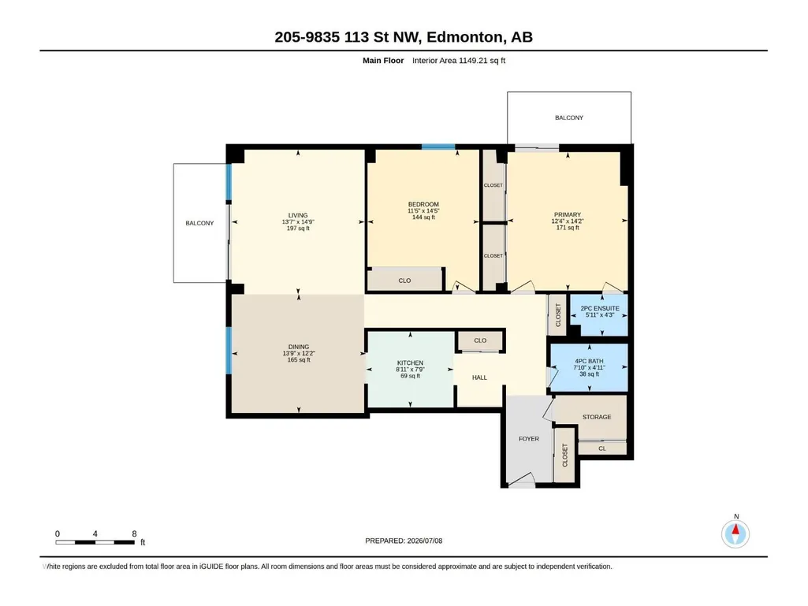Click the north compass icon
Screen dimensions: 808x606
tap(735, 534)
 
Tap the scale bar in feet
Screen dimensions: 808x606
tap(95, 542)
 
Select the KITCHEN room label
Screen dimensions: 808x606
tap(410, 362)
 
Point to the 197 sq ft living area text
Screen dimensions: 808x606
tap(298, 229)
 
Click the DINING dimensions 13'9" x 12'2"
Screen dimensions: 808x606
tap(299, 354)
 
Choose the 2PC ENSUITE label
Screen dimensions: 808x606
tap(600, 308)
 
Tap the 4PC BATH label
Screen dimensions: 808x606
tap(589, 361)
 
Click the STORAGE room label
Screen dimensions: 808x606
tap(597, 417)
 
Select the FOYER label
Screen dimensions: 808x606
tap(529, 439)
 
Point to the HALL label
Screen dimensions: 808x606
tap(480, 377)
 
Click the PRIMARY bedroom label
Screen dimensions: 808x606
tap(568, 214)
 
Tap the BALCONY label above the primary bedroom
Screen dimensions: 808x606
tap(569, 117)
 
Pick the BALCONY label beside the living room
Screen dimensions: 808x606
tap(199, 223)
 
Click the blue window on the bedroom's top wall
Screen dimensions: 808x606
tap(438, 147)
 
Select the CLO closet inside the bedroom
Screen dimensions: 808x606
tap(404, 281)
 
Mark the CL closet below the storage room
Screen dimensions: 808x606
tap(602, 448)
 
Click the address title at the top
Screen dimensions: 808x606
tap(404, 37)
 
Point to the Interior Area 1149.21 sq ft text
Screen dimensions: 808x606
tap(459, 61)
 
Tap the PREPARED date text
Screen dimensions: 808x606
tap(404, 541)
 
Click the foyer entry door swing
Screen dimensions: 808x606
tap(522, 479)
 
